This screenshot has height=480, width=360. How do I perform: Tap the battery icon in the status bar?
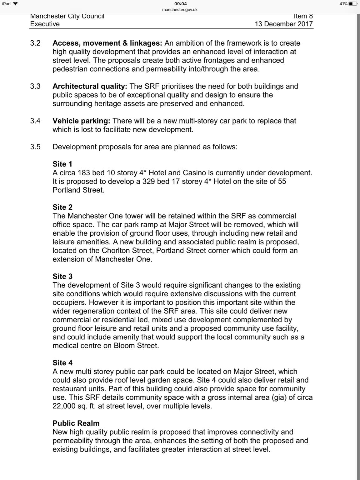[353, 4]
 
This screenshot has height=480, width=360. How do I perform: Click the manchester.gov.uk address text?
[180, 10]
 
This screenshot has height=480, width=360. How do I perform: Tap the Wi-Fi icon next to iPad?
[15, 4]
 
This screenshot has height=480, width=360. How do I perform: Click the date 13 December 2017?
[283, 24]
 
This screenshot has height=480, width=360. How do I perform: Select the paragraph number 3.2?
[35, 43]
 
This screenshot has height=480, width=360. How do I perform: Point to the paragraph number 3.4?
[35, 121]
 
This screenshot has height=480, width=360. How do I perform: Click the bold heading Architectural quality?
[90, 86]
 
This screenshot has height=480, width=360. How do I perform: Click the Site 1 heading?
[62, 164]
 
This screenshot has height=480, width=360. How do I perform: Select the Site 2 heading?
[62, 207]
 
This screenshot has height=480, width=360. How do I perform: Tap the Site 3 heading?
[62, 276]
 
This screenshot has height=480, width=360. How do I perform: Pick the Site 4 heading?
[62, 363]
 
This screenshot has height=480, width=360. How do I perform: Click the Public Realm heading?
[76, 423]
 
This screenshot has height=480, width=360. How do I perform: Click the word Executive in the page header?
[45, 24]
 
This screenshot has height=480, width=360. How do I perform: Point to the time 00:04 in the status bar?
[180, 4]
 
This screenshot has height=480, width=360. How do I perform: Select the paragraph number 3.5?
[35, 147]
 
